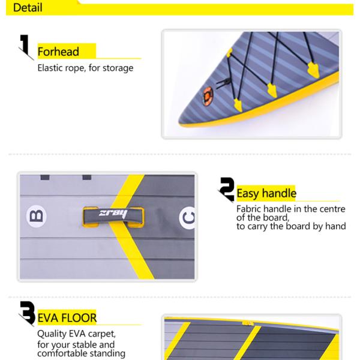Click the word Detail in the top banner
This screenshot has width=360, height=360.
pyautogui.click(x=28, y=7)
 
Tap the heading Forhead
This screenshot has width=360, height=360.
pyautogui.click(x=58, y=52)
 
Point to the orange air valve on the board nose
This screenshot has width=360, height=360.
pyautogui.click(x=208, y=96)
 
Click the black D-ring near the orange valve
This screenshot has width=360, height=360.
pyautogui.click(x=223, y=83)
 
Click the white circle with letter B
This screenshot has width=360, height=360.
pyautogui.click(x=36, y=216)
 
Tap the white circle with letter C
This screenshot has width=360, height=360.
pyautogui.click(x=188, y=218)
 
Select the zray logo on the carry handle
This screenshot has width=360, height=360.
pyautogui.click(x=113, y=214)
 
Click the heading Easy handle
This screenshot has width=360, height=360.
pyautogui.click(x=266, y=193)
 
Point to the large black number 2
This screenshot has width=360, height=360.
pyautogui.click(x=227, y=189)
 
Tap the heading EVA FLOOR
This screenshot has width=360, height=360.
pyautogui.click(x=67, y=318)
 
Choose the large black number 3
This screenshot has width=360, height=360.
pyautogui.click(x=28, y=313)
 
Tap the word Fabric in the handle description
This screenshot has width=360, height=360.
pyautogui.click(x=249, y=209)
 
